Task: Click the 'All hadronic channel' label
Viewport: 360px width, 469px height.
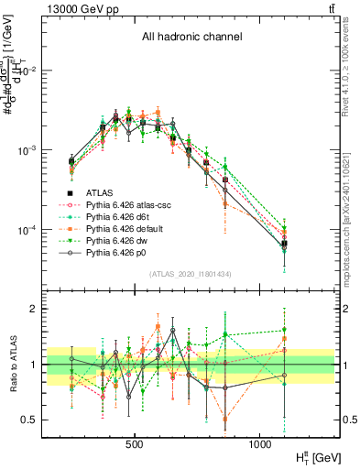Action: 191,37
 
